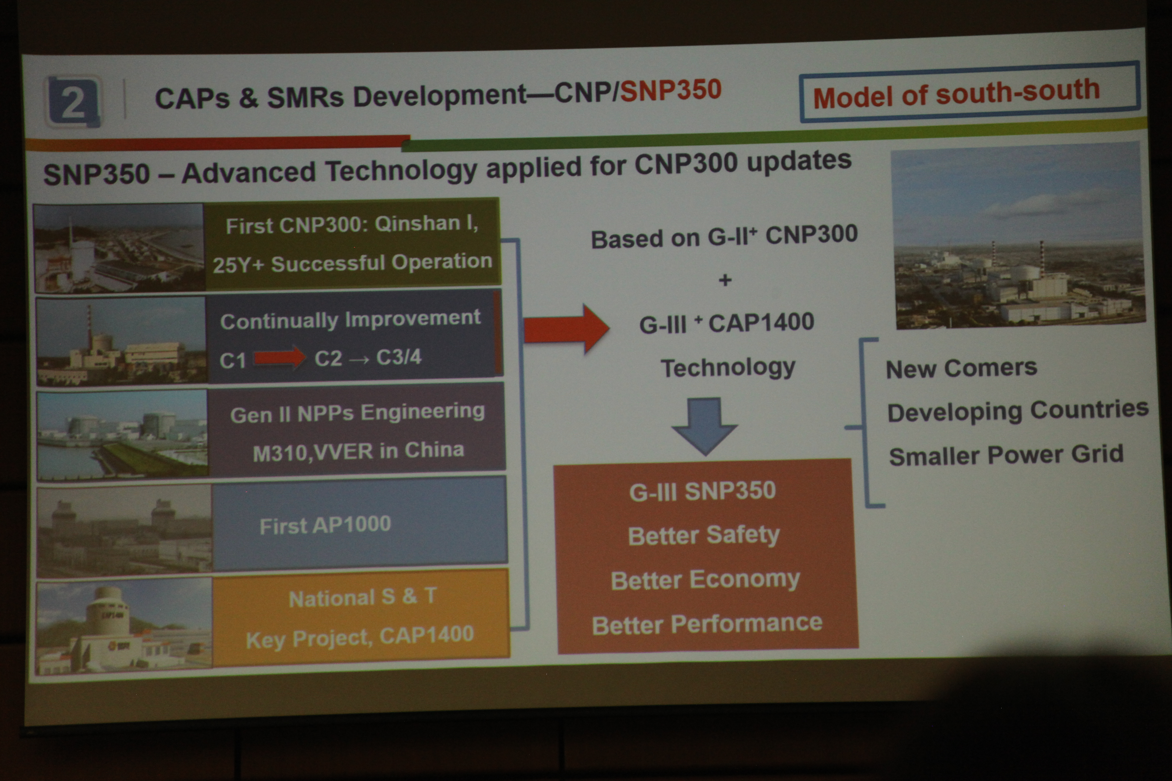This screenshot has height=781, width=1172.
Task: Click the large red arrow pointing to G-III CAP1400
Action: pyautogui.click(x=567, y=329)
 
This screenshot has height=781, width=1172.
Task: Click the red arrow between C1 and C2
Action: pyautogui.click(x=280, y=357)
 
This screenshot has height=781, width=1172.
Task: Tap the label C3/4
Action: pyautogui.click(x=399, y=357)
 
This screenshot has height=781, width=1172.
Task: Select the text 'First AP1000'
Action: pyautogui.click(x=325, y=525)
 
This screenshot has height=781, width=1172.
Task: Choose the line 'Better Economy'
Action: pyautogui.click(x=705, y=580)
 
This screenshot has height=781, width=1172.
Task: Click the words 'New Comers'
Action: pyautogui.click(x=961, y=369)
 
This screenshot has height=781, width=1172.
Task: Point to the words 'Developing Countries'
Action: pyautogui.click(x=1018, y=411)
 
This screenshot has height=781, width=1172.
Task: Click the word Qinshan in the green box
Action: pyautogui.click(x=417, y=224)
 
